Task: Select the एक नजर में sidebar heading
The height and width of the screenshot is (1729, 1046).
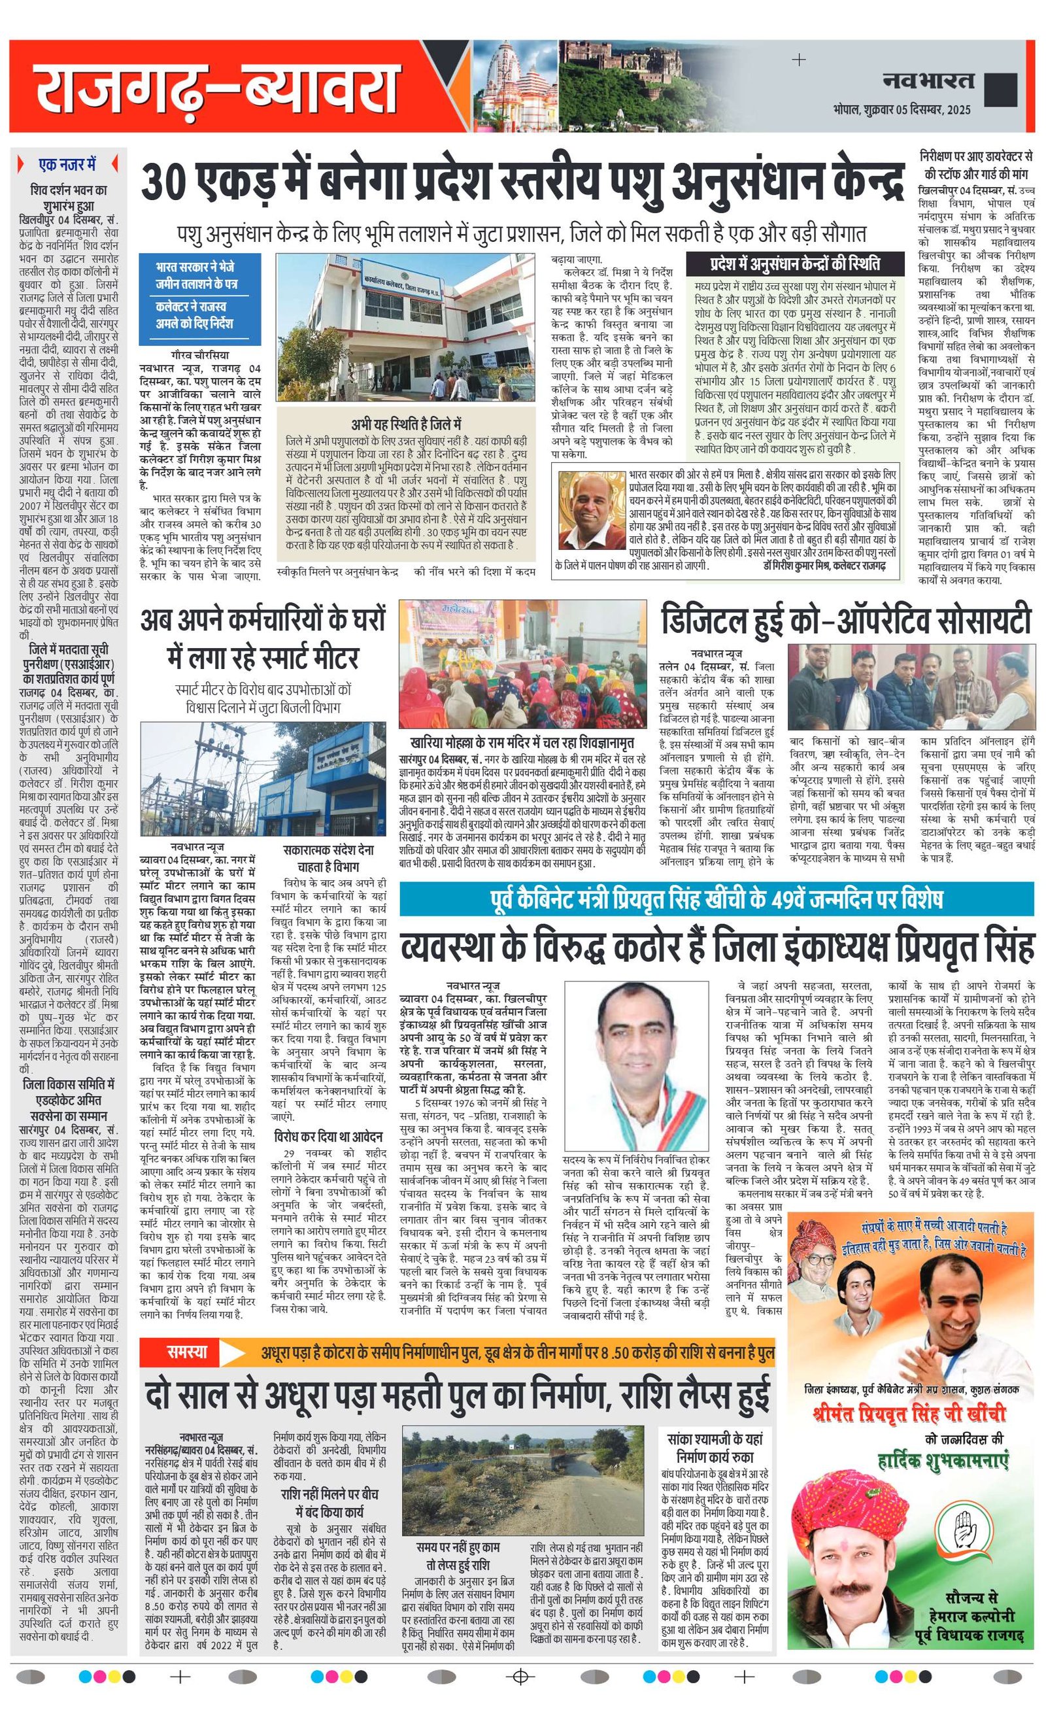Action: point(67,165)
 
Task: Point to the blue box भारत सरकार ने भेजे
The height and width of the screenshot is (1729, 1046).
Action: point(195,276)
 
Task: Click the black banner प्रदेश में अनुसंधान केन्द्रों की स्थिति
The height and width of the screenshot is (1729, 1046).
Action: point(794,265)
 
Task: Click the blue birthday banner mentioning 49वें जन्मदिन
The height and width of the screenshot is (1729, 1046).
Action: point(716,899)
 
